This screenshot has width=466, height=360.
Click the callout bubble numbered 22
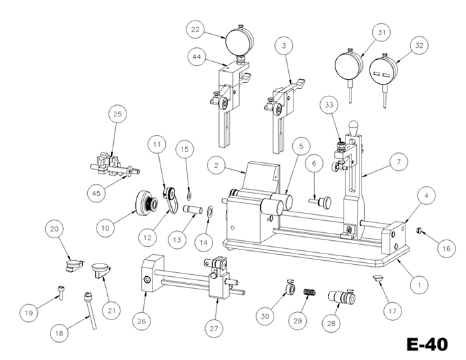coord(195,29)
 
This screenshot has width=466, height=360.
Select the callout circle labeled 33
coord(329,105)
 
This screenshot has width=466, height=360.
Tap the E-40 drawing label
coord(427,345)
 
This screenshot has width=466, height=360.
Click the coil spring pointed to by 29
coord(310,292)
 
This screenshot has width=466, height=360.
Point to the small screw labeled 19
coord(61,292)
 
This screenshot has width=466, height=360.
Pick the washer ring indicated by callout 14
coord(209,211)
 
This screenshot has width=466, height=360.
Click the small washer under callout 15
coord(189,196)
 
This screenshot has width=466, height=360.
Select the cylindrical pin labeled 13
coord(192,208)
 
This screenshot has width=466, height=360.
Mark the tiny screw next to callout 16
coord(419,230)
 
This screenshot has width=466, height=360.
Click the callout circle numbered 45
coord(97,193)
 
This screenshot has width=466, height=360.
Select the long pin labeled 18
coord(90,310)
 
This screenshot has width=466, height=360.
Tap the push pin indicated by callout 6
coord(320,202)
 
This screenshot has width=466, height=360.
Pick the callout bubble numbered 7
coord(399,162)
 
